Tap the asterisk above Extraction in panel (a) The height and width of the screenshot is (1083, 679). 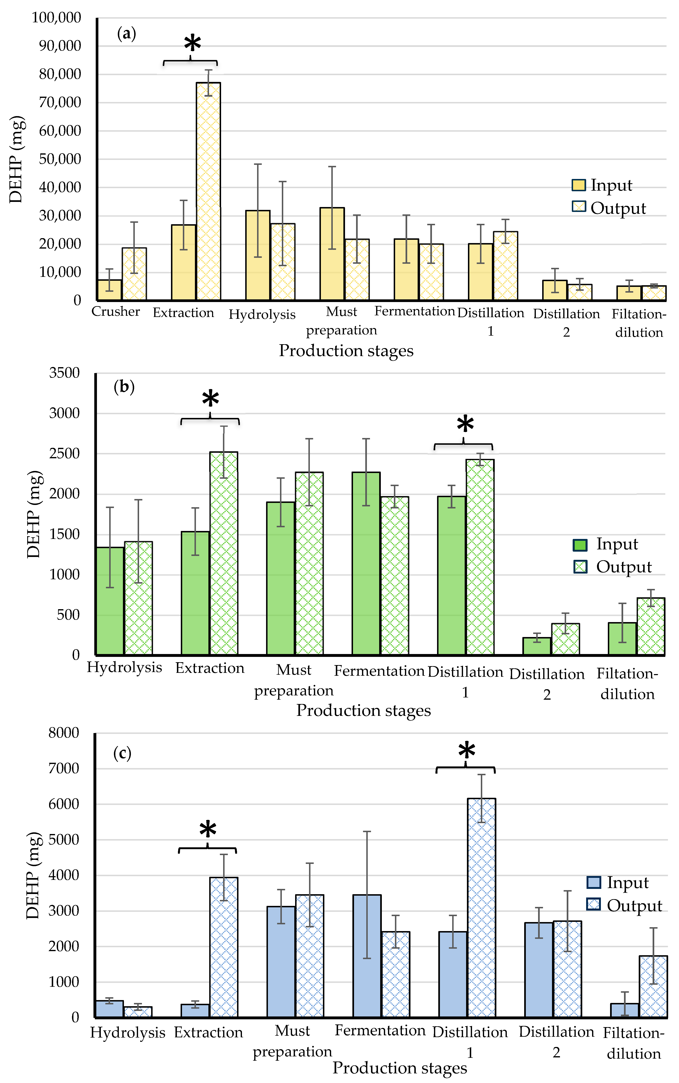coord(192,44)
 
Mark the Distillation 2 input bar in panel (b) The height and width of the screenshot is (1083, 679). coord(537,646)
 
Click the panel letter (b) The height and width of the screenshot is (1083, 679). coord(124,387)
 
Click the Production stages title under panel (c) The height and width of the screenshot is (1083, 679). coord(400,1068)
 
